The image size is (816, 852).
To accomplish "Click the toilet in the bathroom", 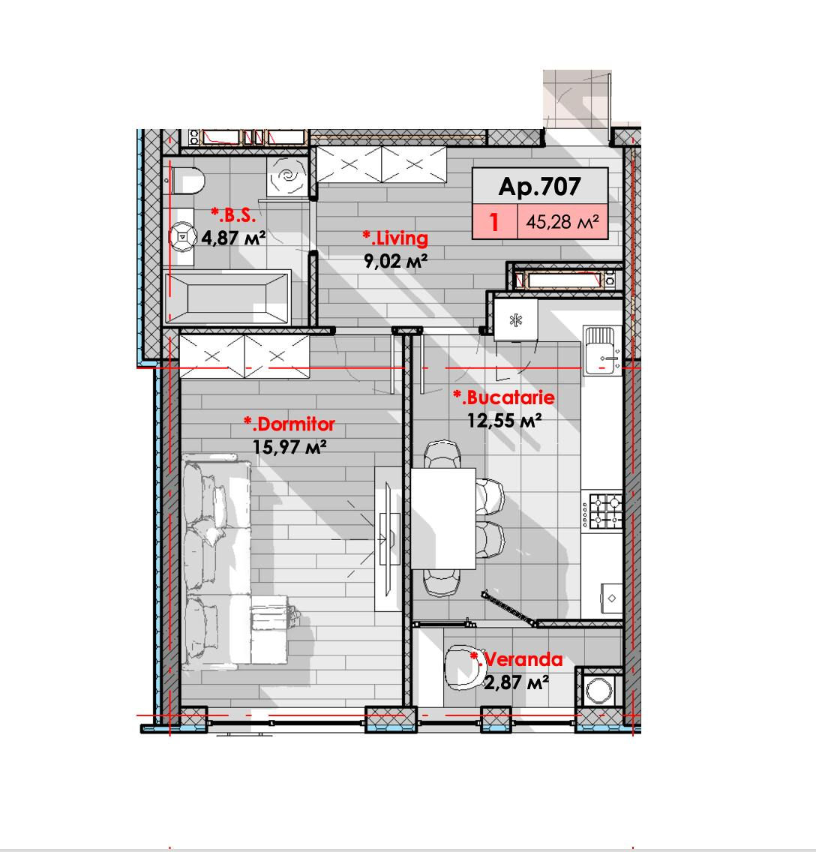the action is [x=187, y=181].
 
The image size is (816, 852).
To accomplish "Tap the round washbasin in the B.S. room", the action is [x=182, y=238].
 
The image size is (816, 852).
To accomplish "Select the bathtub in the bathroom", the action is [x=226, y=298].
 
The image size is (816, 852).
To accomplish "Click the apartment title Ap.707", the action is [x=539, y=186].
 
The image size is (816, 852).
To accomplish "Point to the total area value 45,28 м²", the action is [x=562, y=222].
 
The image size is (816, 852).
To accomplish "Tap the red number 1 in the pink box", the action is [x=493, y=222].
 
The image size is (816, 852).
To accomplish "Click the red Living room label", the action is [x=395, y=238].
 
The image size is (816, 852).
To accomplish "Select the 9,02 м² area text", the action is [x=395, y=261].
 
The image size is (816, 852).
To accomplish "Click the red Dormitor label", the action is [x=289, y=424].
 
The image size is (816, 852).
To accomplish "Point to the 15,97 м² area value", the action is [x=289, y=447].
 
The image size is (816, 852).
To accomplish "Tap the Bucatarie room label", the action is [x=503, y=397].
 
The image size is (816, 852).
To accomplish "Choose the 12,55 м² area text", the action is [x=505, y=421].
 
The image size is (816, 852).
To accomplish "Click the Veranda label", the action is [x=517, y=659].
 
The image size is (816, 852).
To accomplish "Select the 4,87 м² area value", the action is [x=233, y=238].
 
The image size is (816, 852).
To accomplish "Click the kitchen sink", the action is [x=601, y=350].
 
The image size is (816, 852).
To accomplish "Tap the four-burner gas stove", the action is [x=602, y=510].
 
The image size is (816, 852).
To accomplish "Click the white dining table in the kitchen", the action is [x=443, y=518].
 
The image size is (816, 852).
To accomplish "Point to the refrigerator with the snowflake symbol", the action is [x=515, y=319].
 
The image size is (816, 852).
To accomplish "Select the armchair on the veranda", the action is [x=464, y=667].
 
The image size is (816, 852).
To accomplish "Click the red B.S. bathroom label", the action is [x=233, y=215].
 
